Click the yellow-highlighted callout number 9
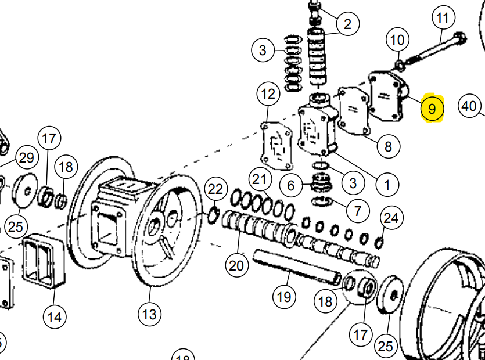click(432, 108)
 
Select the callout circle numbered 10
click(397, 40)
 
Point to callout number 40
click(469, 106)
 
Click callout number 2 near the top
click(347, 24)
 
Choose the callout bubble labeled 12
click(268, 93)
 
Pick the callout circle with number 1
click(386, 185)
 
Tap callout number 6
click(291, 186)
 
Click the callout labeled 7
click(357, 208)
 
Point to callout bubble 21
click(261, 178)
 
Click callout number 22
click(215, 189)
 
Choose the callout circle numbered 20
click(236, 265)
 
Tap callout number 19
click(283, 297)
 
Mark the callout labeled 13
click(149, 314)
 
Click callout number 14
click(54, 317)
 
